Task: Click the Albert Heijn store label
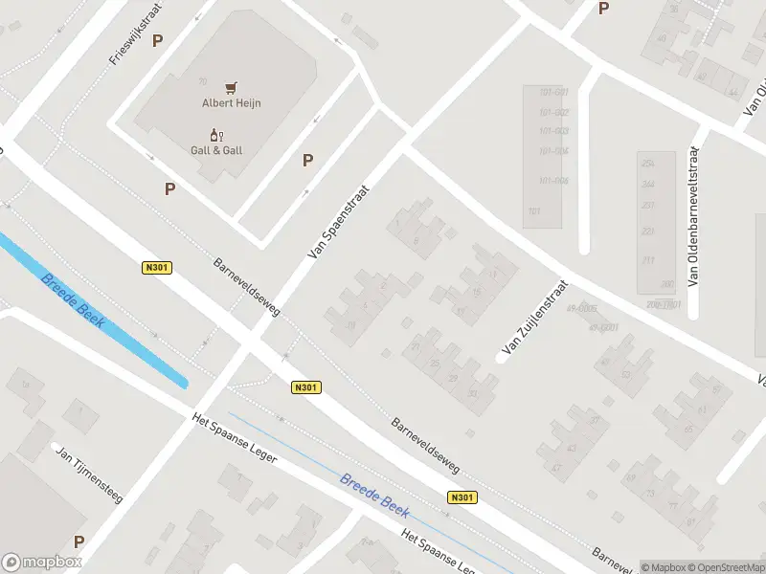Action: point(232,103)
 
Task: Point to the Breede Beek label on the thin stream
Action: point(375,494)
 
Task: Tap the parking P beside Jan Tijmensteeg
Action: point(79,541)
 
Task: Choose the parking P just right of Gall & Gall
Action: point(308,161)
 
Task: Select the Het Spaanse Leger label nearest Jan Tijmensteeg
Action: point(235,438)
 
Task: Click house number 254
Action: point(647,164)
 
